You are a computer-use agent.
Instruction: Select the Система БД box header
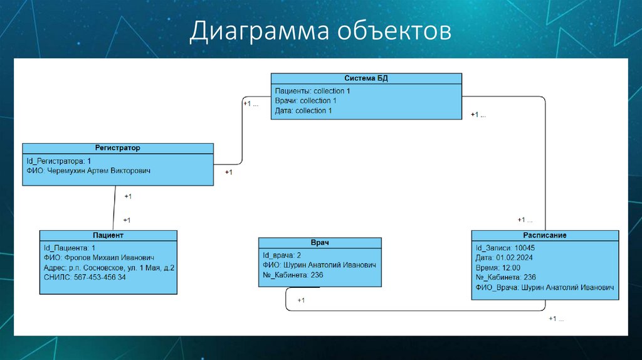[366, 78]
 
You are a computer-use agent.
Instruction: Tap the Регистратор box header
[117, 148]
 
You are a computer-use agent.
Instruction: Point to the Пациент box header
[108, 235]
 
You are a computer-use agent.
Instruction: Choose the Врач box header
[320, 243]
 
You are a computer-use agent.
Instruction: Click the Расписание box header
[545, 235]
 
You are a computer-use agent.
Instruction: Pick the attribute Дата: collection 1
[303, 110]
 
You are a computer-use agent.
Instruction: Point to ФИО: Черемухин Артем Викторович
[88, 171]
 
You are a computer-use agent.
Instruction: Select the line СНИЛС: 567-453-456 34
[85, 277]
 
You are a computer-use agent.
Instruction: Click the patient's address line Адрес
[109, 268]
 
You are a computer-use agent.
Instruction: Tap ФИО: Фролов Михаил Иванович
[98, 258]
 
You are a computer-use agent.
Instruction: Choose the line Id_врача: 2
[282, 255]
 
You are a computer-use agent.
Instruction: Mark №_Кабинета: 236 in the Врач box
[293, 275]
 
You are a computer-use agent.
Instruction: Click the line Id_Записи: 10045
[505, 248]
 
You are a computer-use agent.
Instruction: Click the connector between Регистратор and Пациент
[115, 208]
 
